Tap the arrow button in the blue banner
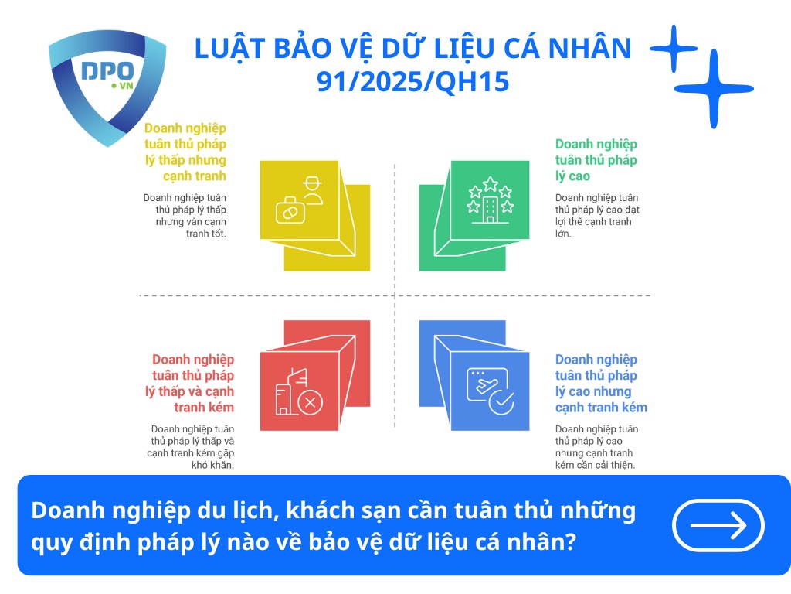[718, 526]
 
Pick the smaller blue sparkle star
[674, 48]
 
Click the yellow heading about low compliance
[185, 152]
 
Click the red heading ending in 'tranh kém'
[193, 383]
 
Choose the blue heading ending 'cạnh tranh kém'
[601, 383]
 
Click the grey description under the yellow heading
[185, 216]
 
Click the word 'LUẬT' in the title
[220, 48]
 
